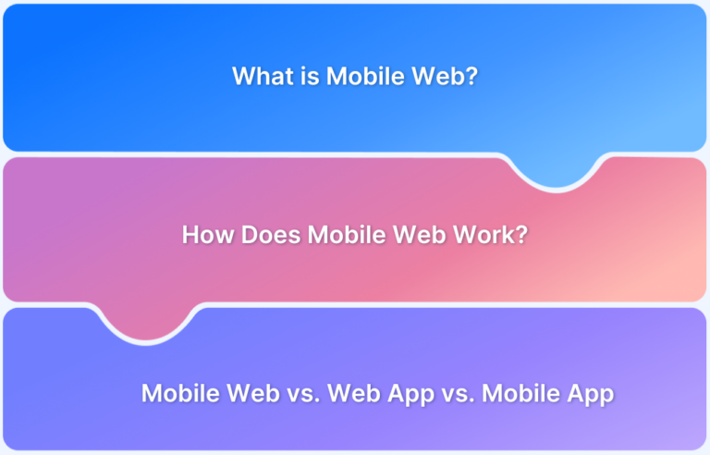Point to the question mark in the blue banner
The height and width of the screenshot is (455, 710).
471,76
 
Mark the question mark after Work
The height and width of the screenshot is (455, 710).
522,234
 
